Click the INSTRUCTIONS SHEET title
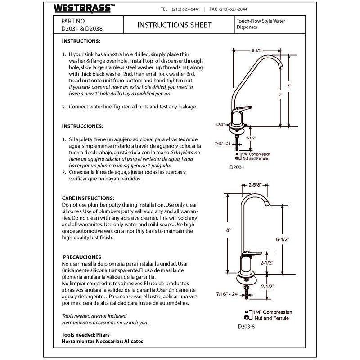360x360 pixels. coord(174,25)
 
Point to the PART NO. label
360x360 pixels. coord(73,21)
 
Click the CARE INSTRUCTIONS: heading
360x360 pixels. coord(88,198)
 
